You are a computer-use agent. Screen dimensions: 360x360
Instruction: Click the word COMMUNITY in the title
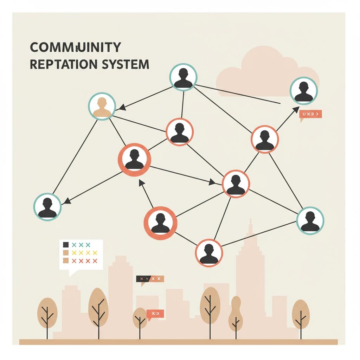click(75, 47)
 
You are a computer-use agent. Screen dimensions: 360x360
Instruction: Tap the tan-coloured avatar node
click(102, 107)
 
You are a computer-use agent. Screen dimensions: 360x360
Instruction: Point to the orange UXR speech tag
click(310, 114)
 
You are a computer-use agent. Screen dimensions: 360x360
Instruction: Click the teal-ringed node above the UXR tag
click(304, 90)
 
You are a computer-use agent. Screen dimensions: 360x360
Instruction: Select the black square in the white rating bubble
click(65, 245)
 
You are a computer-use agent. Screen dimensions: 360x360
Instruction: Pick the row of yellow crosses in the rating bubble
click(84, 253)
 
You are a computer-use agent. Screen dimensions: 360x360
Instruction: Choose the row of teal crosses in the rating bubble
click(81, 245)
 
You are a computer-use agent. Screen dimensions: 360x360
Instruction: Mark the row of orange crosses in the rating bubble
click(84, 261)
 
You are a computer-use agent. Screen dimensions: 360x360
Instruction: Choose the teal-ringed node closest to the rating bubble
click(47, 207)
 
